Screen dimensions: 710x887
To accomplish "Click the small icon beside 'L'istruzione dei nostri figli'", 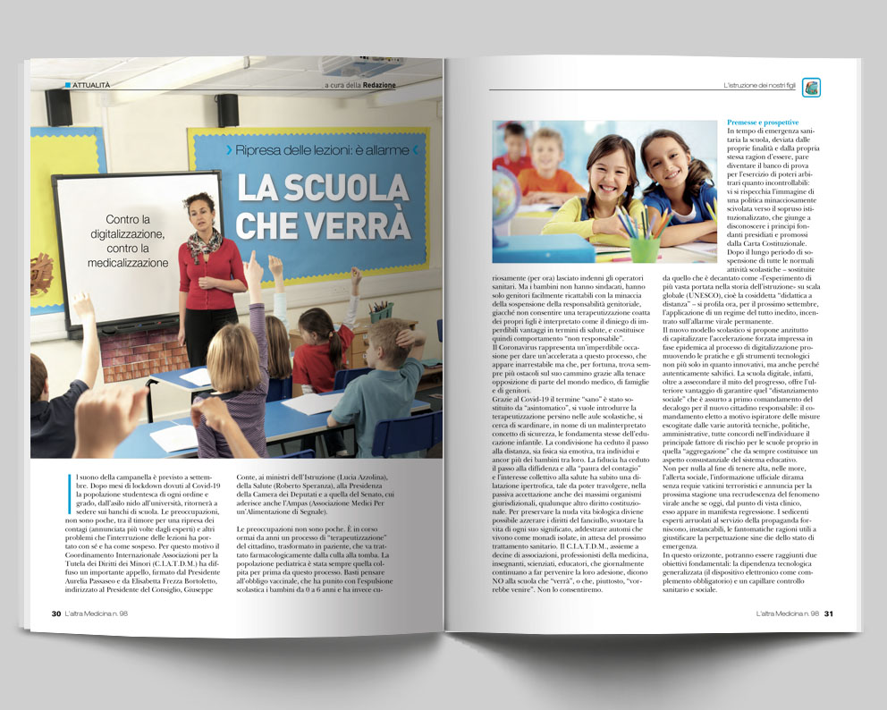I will point(811,87).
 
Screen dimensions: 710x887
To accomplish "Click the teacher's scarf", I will point(204,242).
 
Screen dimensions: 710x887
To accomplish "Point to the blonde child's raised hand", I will point(253,271).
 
